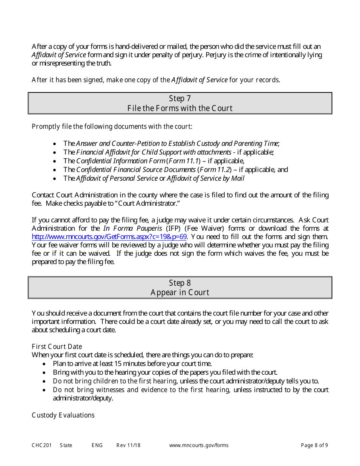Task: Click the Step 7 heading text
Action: (x=180, y=99)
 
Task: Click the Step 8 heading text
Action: (x=180, y=283)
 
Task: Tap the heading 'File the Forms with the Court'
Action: (x=180, y=108)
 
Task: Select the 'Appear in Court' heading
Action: (x=180, y=292)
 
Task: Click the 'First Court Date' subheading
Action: (x=57, y=347)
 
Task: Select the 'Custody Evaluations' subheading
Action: (x=63, y=415)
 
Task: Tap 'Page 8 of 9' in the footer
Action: (x=314, y=446)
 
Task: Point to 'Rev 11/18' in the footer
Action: (x=128, y=446)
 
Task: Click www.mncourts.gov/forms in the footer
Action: (x=199, y=446)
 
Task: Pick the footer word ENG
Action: (x=97, y=446)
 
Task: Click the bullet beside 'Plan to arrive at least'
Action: (x=45, y=364)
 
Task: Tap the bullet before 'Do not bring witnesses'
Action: (x=45, y=390)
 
